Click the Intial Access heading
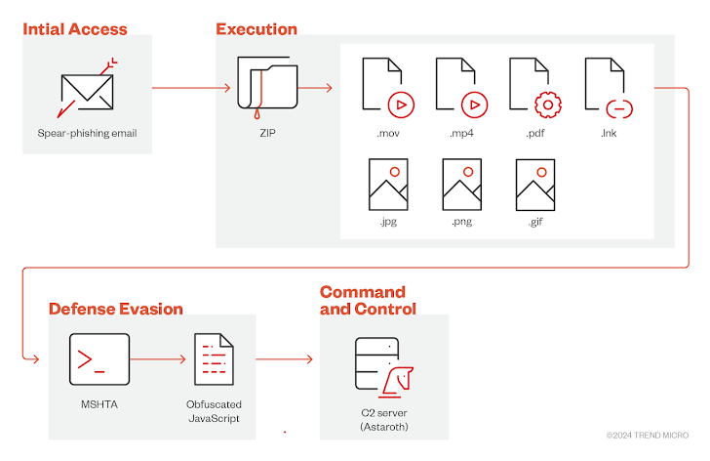pos(75,30)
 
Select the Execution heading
pos(256,30)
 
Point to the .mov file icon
pos(385,89)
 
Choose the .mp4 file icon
pos(459,89)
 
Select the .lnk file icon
pos(608,89)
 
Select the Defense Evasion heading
pos(116,309)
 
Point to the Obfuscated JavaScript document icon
pos(214,361)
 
